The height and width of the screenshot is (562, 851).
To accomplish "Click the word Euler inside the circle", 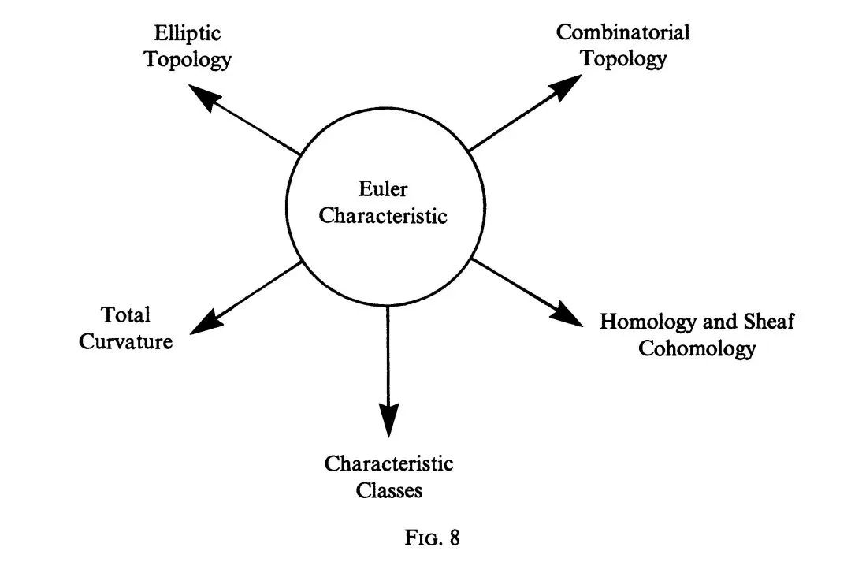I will coord(383,190).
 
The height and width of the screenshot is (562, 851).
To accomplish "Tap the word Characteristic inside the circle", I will coord(383,215).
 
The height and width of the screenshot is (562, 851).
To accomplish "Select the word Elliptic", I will coord(188,34).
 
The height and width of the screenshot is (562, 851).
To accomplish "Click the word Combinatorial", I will coord(622,32).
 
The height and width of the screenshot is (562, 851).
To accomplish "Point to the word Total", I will coord(125,315).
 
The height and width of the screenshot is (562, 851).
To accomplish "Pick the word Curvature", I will coord(125,342).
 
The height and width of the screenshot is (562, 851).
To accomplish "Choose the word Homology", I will coord(645,322).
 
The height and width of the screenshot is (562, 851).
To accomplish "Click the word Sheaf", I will coord(768,322).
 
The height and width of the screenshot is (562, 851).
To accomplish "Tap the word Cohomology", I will coord(697,348).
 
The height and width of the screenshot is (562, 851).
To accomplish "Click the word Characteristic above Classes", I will coord(388,463).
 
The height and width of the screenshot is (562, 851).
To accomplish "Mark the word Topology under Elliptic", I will coord(188,60).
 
